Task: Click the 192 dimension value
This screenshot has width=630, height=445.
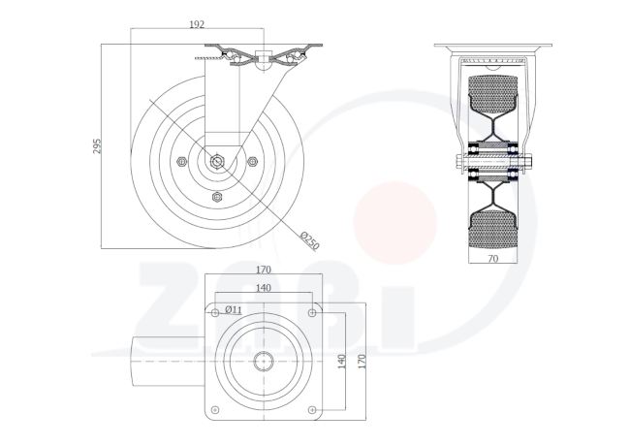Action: tap(197, 24)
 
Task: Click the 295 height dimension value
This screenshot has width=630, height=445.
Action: tap(97, 146)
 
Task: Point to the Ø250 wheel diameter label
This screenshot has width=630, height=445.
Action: tap(309, 240)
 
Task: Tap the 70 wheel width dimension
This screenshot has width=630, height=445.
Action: tap(493, 259)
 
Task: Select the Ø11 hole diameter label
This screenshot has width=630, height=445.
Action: tap(234, 309)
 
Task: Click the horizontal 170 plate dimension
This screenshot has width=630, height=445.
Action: tap(264, 270)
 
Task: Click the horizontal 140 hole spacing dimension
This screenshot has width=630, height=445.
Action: tap(264, 288)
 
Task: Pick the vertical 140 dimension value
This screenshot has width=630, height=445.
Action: tap(341, 362)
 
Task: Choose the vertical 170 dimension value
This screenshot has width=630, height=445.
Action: tap(362, 362)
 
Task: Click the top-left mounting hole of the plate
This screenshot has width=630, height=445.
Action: tap(215, 313)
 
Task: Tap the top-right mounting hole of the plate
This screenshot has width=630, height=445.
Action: tap(312, 313)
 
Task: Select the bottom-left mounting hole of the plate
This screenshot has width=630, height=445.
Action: tap(215, 410)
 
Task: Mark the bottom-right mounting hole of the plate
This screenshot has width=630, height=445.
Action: tap(312, 410)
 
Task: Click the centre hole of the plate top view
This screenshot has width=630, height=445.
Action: tap(264, 362)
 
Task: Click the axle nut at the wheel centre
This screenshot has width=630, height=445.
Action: tap(217, 161)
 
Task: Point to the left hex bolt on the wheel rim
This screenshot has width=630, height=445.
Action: tap(182, 162)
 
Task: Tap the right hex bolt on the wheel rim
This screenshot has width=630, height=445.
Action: tap(252, 162)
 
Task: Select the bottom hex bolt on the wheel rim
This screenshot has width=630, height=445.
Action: tap(217, 197)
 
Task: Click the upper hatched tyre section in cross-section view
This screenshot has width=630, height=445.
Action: tap(492, 94)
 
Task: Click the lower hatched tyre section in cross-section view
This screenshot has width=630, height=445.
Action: tap(492, 231)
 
